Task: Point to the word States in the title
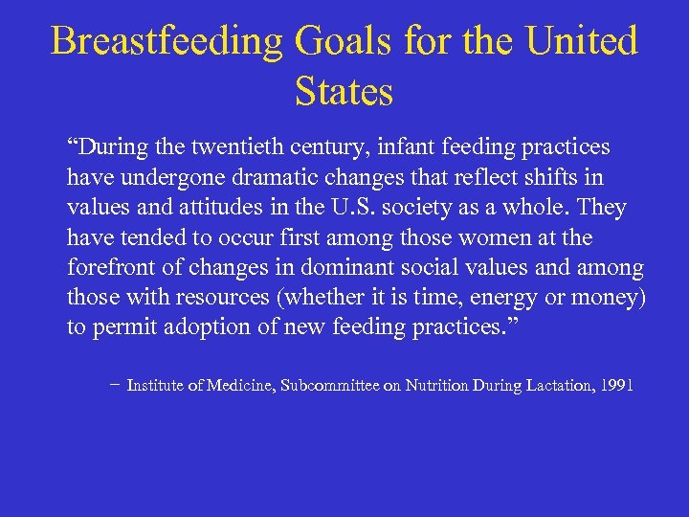click(344, 92)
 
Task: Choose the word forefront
click(110, 267)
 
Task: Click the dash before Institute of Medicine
click(113, 385)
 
